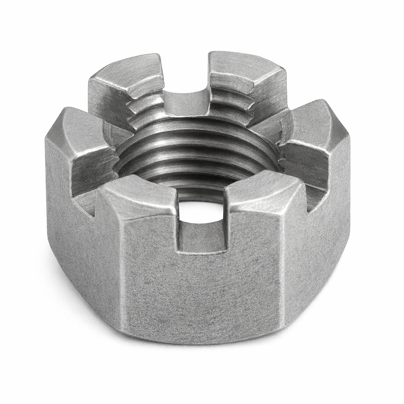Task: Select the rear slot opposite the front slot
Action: coord(185,101)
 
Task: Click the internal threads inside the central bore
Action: coord(197,158)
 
